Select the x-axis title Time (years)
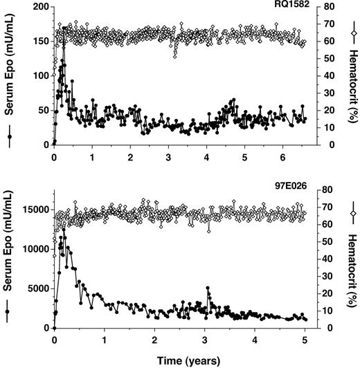click(179, 360)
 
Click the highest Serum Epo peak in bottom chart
click(64, 228)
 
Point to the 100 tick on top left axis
click(39, 75)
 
